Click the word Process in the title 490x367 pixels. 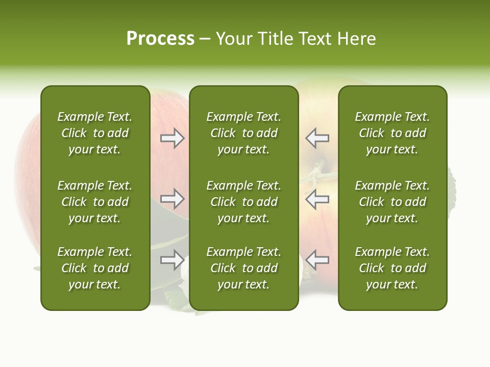click(160, 39)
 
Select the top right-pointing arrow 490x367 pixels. click(172, 138)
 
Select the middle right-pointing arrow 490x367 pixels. click(172, 199)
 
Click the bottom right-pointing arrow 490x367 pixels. click(172, 260)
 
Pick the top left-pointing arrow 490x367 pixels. click(317, 138)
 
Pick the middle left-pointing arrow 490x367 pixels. click(317, 199)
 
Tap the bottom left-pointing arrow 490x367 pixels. click(317, 260)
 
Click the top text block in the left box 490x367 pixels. click(95, 133)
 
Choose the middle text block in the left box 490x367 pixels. click(95, 202)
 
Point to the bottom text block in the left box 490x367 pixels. click(95, 268)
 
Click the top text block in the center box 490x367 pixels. click(243, 133)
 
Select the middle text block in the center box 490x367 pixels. click(243, 202)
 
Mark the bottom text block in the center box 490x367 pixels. click(243, 268)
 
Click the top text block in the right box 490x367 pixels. click(392, 133)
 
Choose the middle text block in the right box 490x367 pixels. click(392, 202)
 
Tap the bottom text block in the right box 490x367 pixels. click(392, 268)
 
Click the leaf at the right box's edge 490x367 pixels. click(451, 189)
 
